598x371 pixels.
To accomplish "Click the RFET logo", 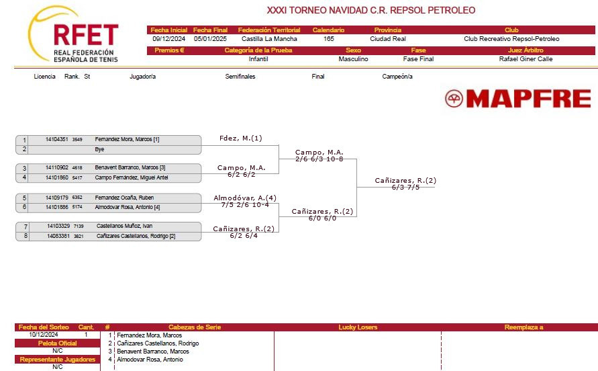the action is point(73,34).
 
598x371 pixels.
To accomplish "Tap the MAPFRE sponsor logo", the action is point(518,99).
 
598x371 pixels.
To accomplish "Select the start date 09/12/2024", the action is point(168,38).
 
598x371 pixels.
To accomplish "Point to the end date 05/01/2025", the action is point(210,38).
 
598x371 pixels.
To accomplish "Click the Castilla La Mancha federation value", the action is point(269,38).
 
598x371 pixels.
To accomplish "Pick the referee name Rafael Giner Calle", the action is point(526,59).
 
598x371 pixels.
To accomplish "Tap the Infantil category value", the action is point(258,59).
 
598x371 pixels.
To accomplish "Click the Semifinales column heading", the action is point(240,77).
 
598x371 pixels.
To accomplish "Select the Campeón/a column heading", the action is point(397,77).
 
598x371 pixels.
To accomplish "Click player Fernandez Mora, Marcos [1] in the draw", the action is point(127,139).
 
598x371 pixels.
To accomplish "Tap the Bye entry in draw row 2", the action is point(99,149).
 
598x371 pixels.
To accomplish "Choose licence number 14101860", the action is point(57,177).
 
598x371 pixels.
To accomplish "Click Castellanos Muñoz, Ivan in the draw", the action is point(124,226).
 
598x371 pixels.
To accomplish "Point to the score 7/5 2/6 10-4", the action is point(245,205).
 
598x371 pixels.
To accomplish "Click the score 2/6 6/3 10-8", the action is point(319,159).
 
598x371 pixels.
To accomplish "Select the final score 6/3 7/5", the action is point(405,188).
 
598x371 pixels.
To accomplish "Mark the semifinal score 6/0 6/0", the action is point(322,218).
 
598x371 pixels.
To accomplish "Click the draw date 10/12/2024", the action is point(44,335).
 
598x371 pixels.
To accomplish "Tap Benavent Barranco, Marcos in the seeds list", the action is point(153,352).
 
